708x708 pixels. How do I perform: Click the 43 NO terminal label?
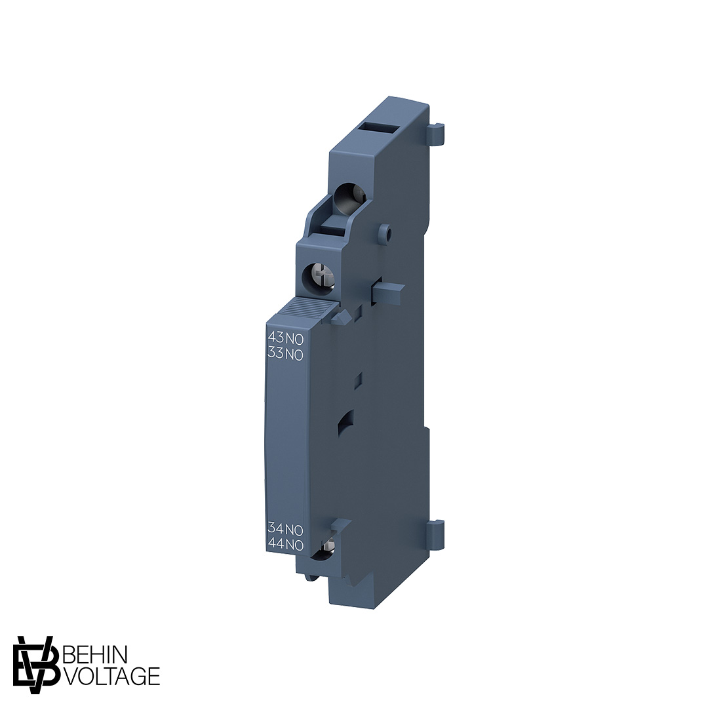coord(286,338)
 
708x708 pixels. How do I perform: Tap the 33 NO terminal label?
coord(286,354)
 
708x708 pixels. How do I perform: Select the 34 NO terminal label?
coord(286,528)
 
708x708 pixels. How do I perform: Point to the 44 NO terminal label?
coord(286,545)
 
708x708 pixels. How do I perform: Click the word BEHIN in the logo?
coord(96,654)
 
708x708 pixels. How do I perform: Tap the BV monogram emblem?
coord(37,665)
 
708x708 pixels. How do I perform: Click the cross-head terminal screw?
coord(320,275)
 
